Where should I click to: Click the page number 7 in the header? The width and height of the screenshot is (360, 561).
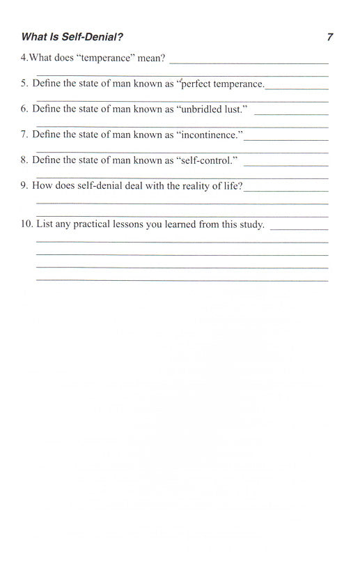(x=329, y=37)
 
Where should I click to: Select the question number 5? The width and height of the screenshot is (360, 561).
(x=24, y=84)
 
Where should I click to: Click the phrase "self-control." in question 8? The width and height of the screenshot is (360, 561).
(x=208, y=160)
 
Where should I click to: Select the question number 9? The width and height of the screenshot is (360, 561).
(x=24, y=185)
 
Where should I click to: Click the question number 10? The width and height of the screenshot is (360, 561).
(x=26, y=224)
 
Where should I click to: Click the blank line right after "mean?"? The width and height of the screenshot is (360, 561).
(x=249, y=63)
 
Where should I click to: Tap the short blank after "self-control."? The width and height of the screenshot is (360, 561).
(x=285, y=164)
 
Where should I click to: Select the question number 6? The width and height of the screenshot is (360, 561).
(x=24, y=109)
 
